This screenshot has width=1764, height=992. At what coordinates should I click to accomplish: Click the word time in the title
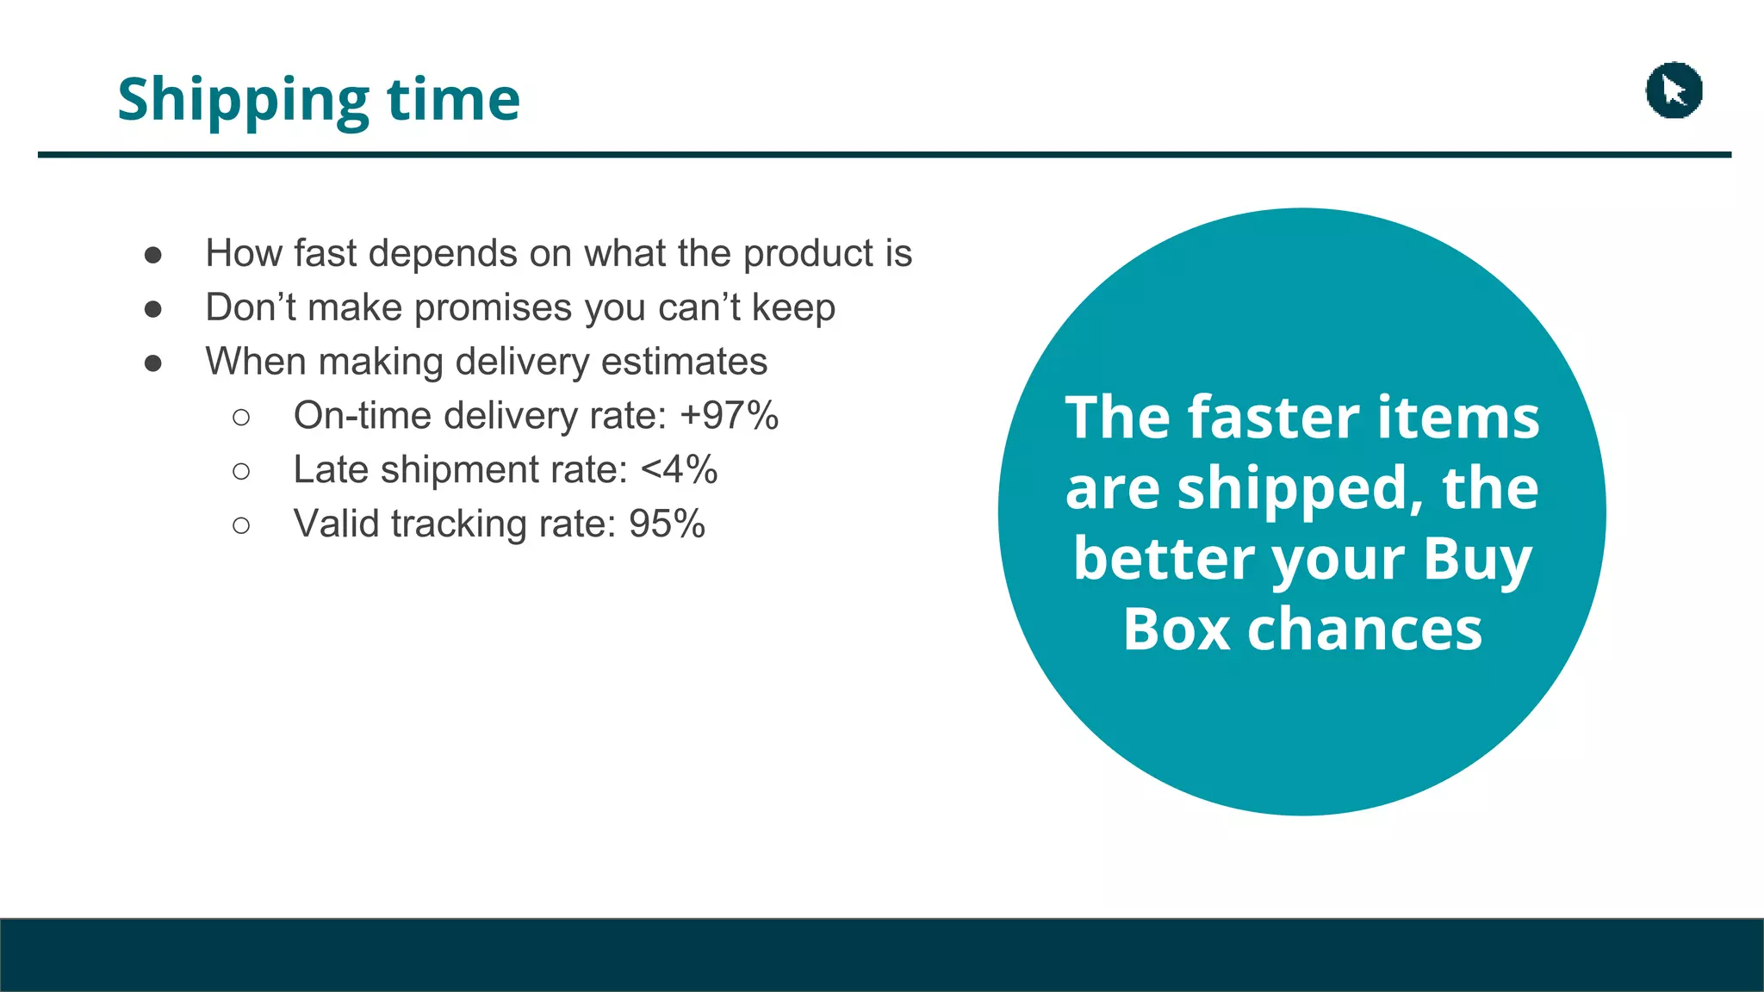point(453,99)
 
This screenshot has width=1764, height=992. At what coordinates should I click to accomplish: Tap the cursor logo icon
point(1674,90)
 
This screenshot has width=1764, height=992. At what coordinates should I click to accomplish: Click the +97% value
point(729,416)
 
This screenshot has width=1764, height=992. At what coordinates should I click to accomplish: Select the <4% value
point(679,470)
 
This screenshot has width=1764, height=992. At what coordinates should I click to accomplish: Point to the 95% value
point(667,524)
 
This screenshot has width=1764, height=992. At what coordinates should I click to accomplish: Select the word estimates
point(684,362)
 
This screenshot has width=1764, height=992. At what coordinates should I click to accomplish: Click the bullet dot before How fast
point(153,255)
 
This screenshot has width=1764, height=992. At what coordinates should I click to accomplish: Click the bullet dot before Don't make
point(153,309)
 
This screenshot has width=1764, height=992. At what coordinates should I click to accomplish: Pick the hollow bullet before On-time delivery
point(241,418)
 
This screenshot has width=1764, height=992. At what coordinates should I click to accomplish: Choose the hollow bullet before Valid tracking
point(241,525)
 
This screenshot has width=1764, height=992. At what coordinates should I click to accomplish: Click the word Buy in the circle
point(1476,560)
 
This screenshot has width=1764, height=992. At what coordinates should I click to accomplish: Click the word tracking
point(458,524)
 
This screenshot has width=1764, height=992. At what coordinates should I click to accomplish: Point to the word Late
point(331,470)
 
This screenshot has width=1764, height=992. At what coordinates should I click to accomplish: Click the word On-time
point(362,416)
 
